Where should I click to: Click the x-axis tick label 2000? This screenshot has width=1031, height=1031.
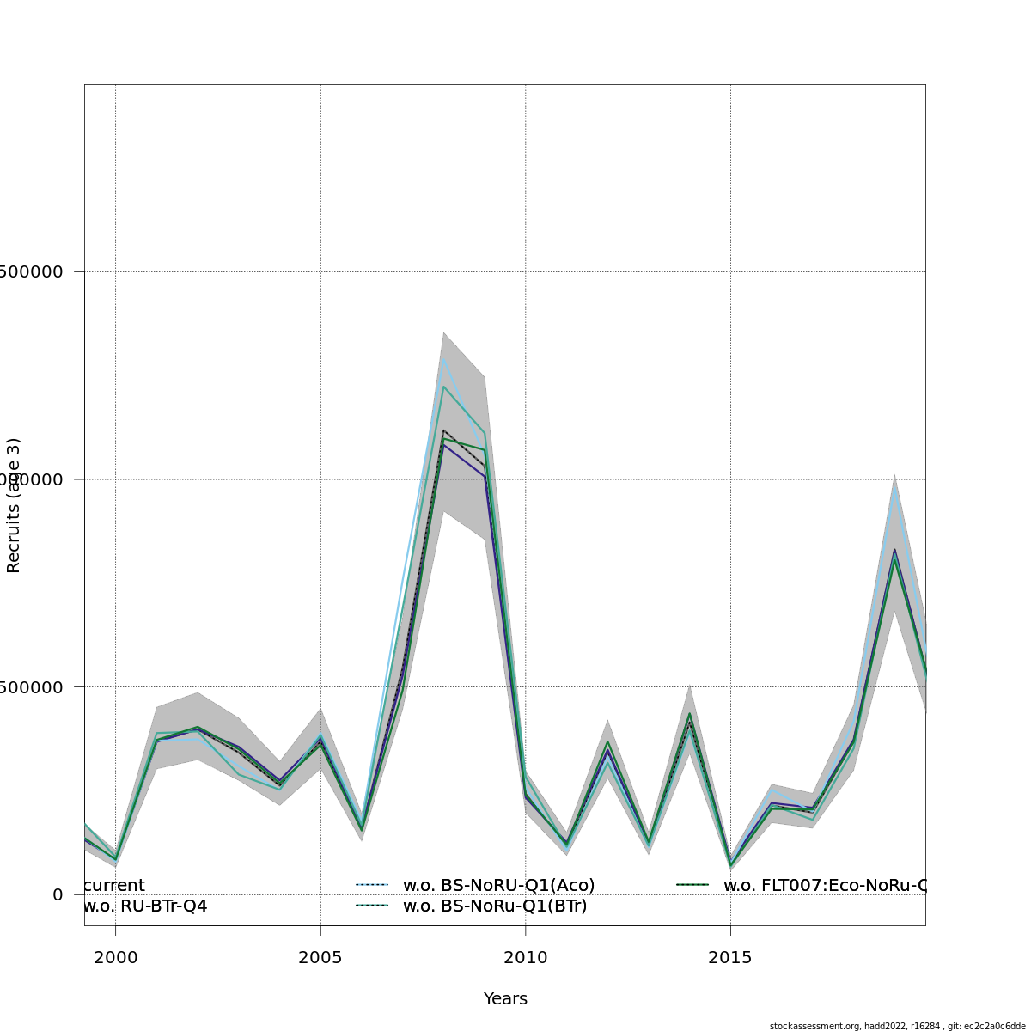point(115,957)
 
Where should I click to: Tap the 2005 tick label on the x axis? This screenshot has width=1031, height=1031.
point(320,957)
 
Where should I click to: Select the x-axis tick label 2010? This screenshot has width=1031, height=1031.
point(525,957)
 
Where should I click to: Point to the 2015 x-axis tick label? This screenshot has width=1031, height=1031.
point(730,957)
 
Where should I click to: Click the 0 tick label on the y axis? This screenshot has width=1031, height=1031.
point(58,894)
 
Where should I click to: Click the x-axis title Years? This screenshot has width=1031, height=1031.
point(505,998)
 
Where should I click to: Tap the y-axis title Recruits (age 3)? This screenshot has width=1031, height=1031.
point(14,505)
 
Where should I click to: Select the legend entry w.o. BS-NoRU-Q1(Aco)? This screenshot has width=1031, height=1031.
point(498,885)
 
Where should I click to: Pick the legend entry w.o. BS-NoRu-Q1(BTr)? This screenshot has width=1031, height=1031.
point(495,906)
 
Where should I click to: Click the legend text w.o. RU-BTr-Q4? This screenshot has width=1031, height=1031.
point(145,906)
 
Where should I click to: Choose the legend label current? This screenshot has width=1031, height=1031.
point(115,885)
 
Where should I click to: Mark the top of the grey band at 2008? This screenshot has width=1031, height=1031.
point(443,332)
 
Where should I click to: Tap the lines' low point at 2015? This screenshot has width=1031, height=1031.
point(730,864)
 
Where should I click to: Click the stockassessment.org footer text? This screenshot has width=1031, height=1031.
point(897,1026)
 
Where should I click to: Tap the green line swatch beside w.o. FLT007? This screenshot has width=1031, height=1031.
point(692,885)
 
